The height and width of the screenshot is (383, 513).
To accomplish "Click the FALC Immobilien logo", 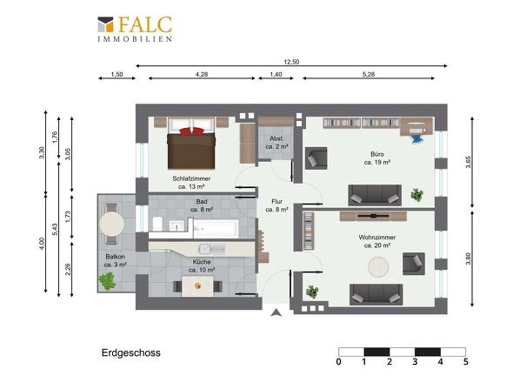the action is point(135,29).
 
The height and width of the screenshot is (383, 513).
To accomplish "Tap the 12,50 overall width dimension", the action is point(291,62).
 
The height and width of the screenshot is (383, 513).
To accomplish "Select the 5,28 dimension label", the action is point(369,74).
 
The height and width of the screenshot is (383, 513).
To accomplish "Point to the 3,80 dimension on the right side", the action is point(468,259).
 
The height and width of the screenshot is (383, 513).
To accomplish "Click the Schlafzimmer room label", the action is point(191,178).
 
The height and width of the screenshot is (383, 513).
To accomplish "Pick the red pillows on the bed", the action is point(191,131).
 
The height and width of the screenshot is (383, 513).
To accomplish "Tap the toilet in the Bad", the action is point(157,223).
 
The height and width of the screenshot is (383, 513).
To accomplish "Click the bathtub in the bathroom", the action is point(216,228).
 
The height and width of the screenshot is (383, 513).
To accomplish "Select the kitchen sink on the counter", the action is point(205,249).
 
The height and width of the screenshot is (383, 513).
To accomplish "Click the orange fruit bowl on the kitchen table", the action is point(197,286).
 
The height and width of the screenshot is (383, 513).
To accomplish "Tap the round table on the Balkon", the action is point(112,224).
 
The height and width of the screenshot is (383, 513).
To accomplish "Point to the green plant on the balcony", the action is point(107,281).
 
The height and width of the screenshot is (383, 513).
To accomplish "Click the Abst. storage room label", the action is point(276,138).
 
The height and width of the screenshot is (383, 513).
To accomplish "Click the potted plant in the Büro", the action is point(416,195).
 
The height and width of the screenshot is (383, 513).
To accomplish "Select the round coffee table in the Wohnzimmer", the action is point(378,266).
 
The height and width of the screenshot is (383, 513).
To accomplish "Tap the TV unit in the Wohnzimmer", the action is point(373,216).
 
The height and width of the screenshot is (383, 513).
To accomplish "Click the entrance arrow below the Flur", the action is point(276,312).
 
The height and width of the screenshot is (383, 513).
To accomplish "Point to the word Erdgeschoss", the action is point(131,353).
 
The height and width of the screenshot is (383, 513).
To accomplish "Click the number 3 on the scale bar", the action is point(415,362).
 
